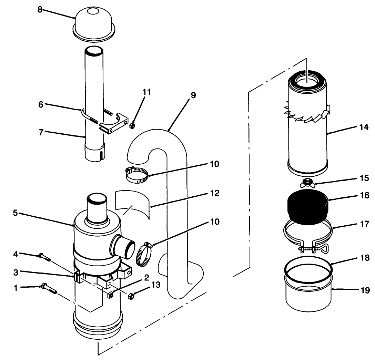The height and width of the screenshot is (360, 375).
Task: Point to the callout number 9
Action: pyautogui.click(x=193, y=95)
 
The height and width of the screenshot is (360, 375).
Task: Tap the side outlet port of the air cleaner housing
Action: pyautogui.click(x=123, y=247)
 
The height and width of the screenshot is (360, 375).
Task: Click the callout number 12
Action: pyautogui.click(x=214, y=193)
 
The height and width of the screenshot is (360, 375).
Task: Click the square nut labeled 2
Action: pyautogui.click(x=111, y=294)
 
